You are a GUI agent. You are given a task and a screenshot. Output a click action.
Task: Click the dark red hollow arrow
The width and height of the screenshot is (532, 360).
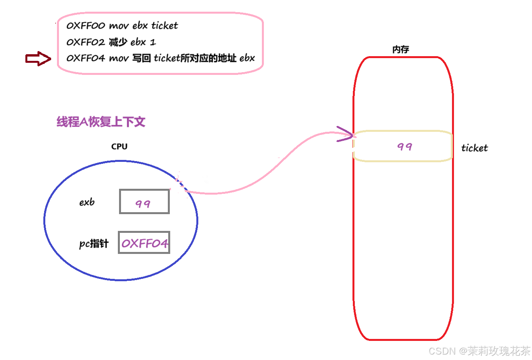click(38, 59)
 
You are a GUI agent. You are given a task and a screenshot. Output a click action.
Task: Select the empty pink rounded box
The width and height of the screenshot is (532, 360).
click(160, 43)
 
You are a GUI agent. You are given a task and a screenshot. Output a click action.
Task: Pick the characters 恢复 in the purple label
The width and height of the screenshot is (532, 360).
click(100, 122)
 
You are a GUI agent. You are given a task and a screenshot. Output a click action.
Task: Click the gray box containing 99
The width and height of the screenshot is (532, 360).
click(144, 201)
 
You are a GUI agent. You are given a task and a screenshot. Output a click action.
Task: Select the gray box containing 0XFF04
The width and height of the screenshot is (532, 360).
click(144, 242)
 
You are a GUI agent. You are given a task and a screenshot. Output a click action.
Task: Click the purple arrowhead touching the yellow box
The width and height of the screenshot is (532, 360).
click(345, 134)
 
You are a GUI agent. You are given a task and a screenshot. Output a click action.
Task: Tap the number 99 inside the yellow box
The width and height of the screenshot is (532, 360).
click(405, 147)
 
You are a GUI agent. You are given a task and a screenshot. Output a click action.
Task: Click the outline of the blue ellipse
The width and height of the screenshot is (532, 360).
click(121, 161)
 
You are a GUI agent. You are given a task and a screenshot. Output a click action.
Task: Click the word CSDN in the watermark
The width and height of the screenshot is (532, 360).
click(441, 351)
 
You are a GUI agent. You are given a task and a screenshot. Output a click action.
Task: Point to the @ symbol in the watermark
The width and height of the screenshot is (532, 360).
click(462, 351)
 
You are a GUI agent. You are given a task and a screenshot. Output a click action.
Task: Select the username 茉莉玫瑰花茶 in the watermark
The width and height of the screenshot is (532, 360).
click(498, 351)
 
